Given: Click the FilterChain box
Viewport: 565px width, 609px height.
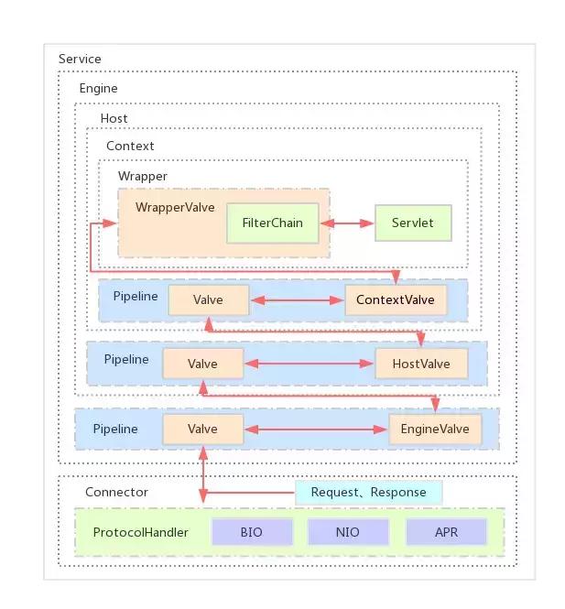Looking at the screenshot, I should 272,223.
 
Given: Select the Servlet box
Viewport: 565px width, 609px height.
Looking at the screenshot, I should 413,223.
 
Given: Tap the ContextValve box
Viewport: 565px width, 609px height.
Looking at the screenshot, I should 396,299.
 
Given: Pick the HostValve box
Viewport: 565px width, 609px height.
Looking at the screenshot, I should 420,364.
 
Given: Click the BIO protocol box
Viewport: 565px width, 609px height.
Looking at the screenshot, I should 252,532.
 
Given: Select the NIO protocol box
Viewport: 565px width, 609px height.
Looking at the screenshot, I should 347,532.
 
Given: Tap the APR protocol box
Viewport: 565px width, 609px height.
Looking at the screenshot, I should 446,532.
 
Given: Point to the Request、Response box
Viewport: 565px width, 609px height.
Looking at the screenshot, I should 368,492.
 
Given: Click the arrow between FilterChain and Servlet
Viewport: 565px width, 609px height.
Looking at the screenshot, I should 346,223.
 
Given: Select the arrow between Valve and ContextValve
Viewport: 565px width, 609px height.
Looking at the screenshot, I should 296,299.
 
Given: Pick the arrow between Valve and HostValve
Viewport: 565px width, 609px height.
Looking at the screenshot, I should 310,364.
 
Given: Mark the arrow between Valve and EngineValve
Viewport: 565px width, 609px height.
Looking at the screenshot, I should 316,429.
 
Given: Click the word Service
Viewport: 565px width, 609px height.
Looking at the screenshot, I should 80,60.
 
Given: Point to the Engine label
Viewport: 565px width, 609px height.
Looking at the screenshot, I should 98,89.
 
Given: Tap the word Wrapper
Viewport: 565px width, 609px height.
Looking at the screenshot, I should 143,176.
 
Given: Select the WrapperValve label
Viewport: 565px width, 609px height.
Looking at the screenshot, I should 175,207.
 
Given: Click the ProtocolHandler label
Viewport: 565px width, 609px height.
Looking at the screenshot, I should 141,532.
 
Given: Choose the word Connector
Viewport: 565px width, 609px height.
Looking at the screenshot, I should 116,492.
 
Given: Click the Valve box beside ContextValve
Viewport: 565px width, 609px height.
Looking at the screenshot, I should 209,299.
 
